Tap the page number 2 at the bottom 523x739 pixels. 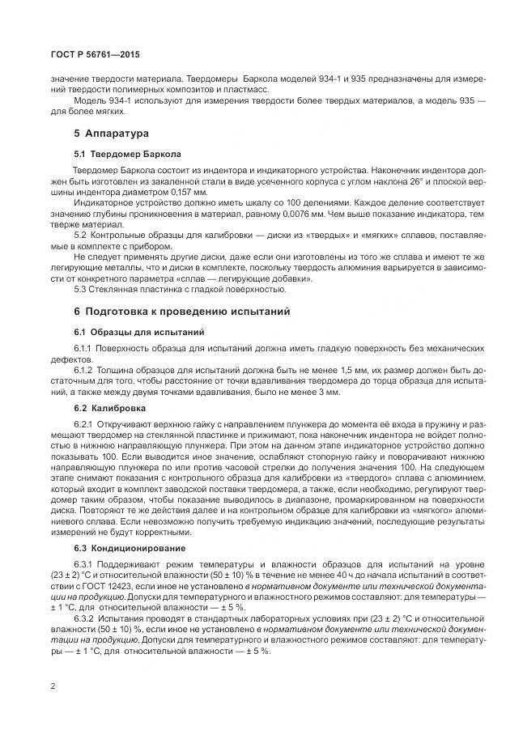click(53, 687)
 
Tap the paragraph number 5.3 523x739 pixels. click(82, 290)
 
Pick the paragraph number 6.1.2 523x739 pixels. click(86, 370)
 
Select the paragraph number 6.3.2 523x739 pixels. click(86, 618)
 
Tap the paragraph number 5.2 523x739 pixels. click(82, 235)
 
